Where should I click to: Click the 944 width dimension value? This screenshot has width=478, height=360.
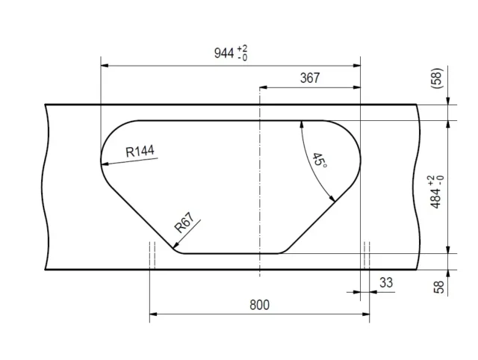pos(224,53)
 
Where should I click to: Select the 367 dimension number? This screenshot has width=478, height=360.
pos(310,78)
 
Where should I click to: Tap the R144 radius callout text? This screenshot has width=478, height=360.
pos(140,151)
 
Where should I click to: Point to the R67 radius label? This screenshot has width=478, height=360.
pos(184,223)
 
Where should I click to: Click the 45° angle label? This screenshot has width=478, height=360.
pos(320,161)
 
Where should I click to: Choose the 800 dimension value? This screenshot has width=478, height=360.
pos(259,305)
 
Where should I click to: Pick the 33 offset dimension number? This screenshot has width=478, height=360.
pos(386,282)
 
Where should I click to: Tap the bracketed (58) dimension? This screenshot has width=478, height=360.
pos(436,78)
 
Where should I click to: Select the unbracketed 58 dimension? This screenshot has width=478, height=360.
pos(438,287)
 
